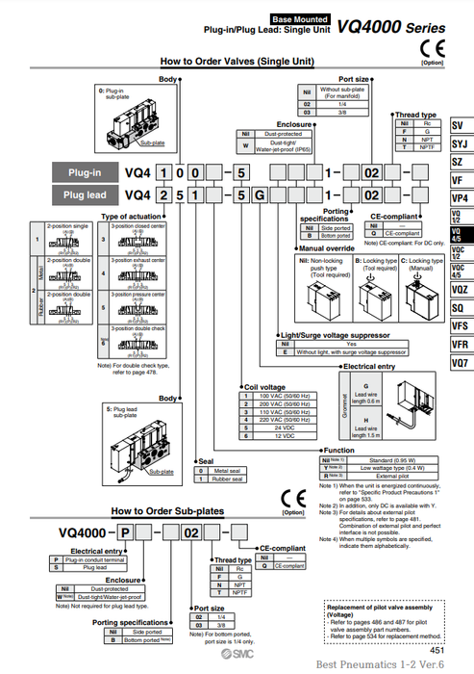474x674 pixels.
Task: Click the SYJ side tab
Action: coord(460,143)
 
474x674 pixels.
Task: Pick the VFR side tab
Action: coord(460,344)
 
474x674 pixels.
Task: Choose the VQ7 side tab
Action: coord(460,364)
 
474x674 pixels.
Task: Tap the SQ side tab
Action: coord(460,307)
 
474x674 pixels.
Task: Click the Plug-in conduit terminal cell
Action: coord(99,558)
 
